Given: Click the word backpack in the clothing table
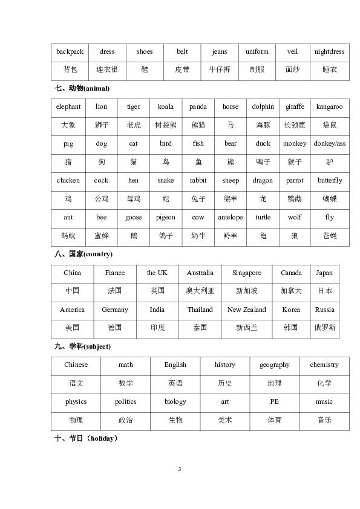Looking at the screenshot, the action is [x=70, y=52].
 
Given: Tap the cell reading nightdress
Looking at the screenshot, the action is [x=329, y=52].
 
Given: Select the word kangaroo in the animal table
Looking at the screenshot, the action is [x=329, y=107].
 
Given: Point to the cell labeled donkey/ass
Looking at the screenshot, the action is [x=329, y=144].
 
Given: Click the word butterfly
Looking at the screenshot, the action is [x=329, y=181].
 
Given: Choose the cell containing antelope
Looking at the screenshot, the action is [x=230, y=218].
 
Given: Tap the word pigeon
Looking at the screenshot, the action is [x=165, y=218].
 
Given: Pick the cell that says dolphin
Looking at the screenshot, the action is [x=263, y=107].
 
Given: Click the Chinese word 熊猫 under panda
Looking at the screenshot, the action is [x=198, y=125].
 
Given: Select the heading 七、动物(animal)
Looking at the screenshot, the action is [x=82, y=89].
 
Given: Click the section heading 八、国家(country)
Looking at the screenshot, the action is [x=83, y=254].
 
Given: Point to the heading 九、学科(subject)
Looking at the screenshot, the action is [x=82, y=347].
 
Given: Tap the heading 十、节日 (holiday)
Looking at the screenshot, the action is [x=86, y=439].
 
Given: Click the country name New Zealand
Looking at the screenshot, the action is [x=246, y=310].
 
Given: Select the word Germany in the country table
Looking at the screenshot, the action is [x=115, y=310].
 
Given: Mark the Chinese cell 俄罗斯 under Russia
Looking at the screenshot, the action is [x=325, y=328].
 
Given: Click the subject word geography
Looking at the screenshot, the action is [x=275, y=365].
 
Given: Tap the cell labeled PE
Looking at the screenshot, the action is [x=275, y=402].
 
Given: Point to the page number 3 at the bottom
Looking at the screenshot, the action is [x=180, y=469].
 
